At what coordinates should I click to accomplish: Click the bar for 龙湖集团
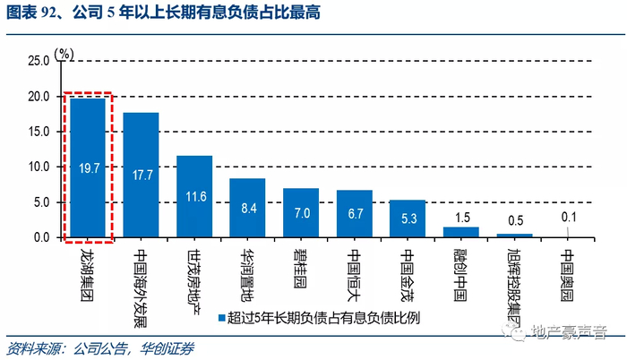point(88,167)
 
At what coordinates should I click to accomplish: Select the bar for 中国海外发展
point(141,175)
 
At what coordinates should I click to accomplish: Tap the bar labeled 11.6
point(194,196)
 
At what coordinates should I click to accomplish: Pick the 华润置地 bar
point(247,208)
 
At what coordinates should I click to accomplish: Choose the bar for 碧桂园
point(301,212)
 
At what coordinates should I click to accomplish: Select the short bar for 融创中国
point(461,232)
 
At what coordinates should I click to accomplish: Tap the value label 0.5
point(515,220)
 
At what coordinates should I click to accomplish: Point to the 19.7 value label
point(88,167)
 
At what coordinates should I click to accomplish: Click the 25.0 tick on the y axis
point(39,61)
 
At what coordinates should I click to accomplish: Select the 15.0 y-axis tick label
point(39,132)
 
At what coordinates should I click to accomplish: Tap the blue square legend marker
point(220,317)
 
